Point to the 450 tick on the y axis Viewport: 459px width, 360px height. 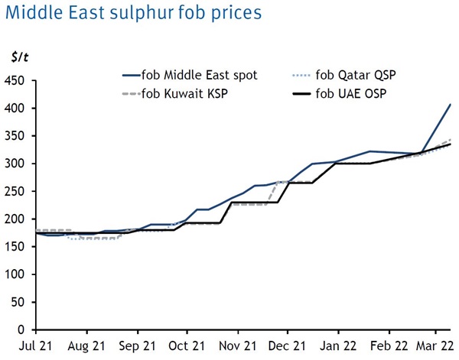(x=15, y=80)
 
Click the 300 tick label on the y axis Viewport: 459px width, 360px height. (x=15, y=164)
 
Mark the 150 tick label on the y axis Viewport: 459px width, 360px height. (x=15, y=247)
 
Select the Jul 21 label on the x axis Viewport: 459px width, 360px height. (x=37, y=345)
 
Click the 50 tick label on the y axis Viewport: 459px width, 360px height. (x=18, y=302)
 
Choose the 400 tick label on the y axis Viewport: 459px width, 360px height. (x=15, y=109)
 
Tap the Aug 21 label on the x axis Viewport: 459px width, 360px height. (x=86, y=345)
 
